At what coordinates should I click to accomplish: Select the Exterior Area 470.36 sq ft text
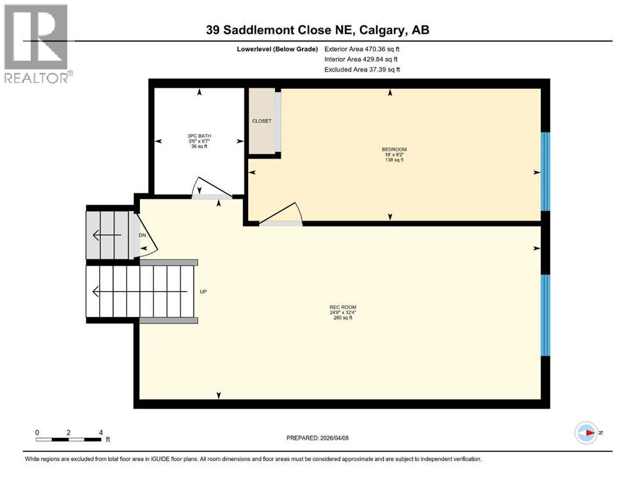(x=365, y=49)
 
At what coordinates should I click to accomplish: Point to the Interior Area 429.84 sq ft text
(x=361, y=59)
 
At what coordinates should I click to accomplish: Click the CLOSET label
(x=261, y=121)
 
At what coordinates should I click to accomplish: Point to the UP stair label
(x=203, y=292)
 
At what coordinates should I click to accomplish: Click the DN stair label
(x=142, y=235)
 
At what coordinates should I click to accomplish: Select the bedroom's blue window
(x=545, y=171)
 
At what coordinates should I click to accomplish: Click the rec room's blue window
(x=545, y=315)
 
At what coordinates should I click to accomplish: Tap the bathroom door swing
(x=211, y=188)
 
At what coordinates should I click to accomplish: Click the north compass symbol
(x=586, y=433)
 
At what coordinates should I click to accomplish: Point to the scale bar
(x=69, y=439)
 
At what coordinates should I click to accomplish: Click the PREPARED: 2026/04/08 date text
(x=317, y=438)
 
